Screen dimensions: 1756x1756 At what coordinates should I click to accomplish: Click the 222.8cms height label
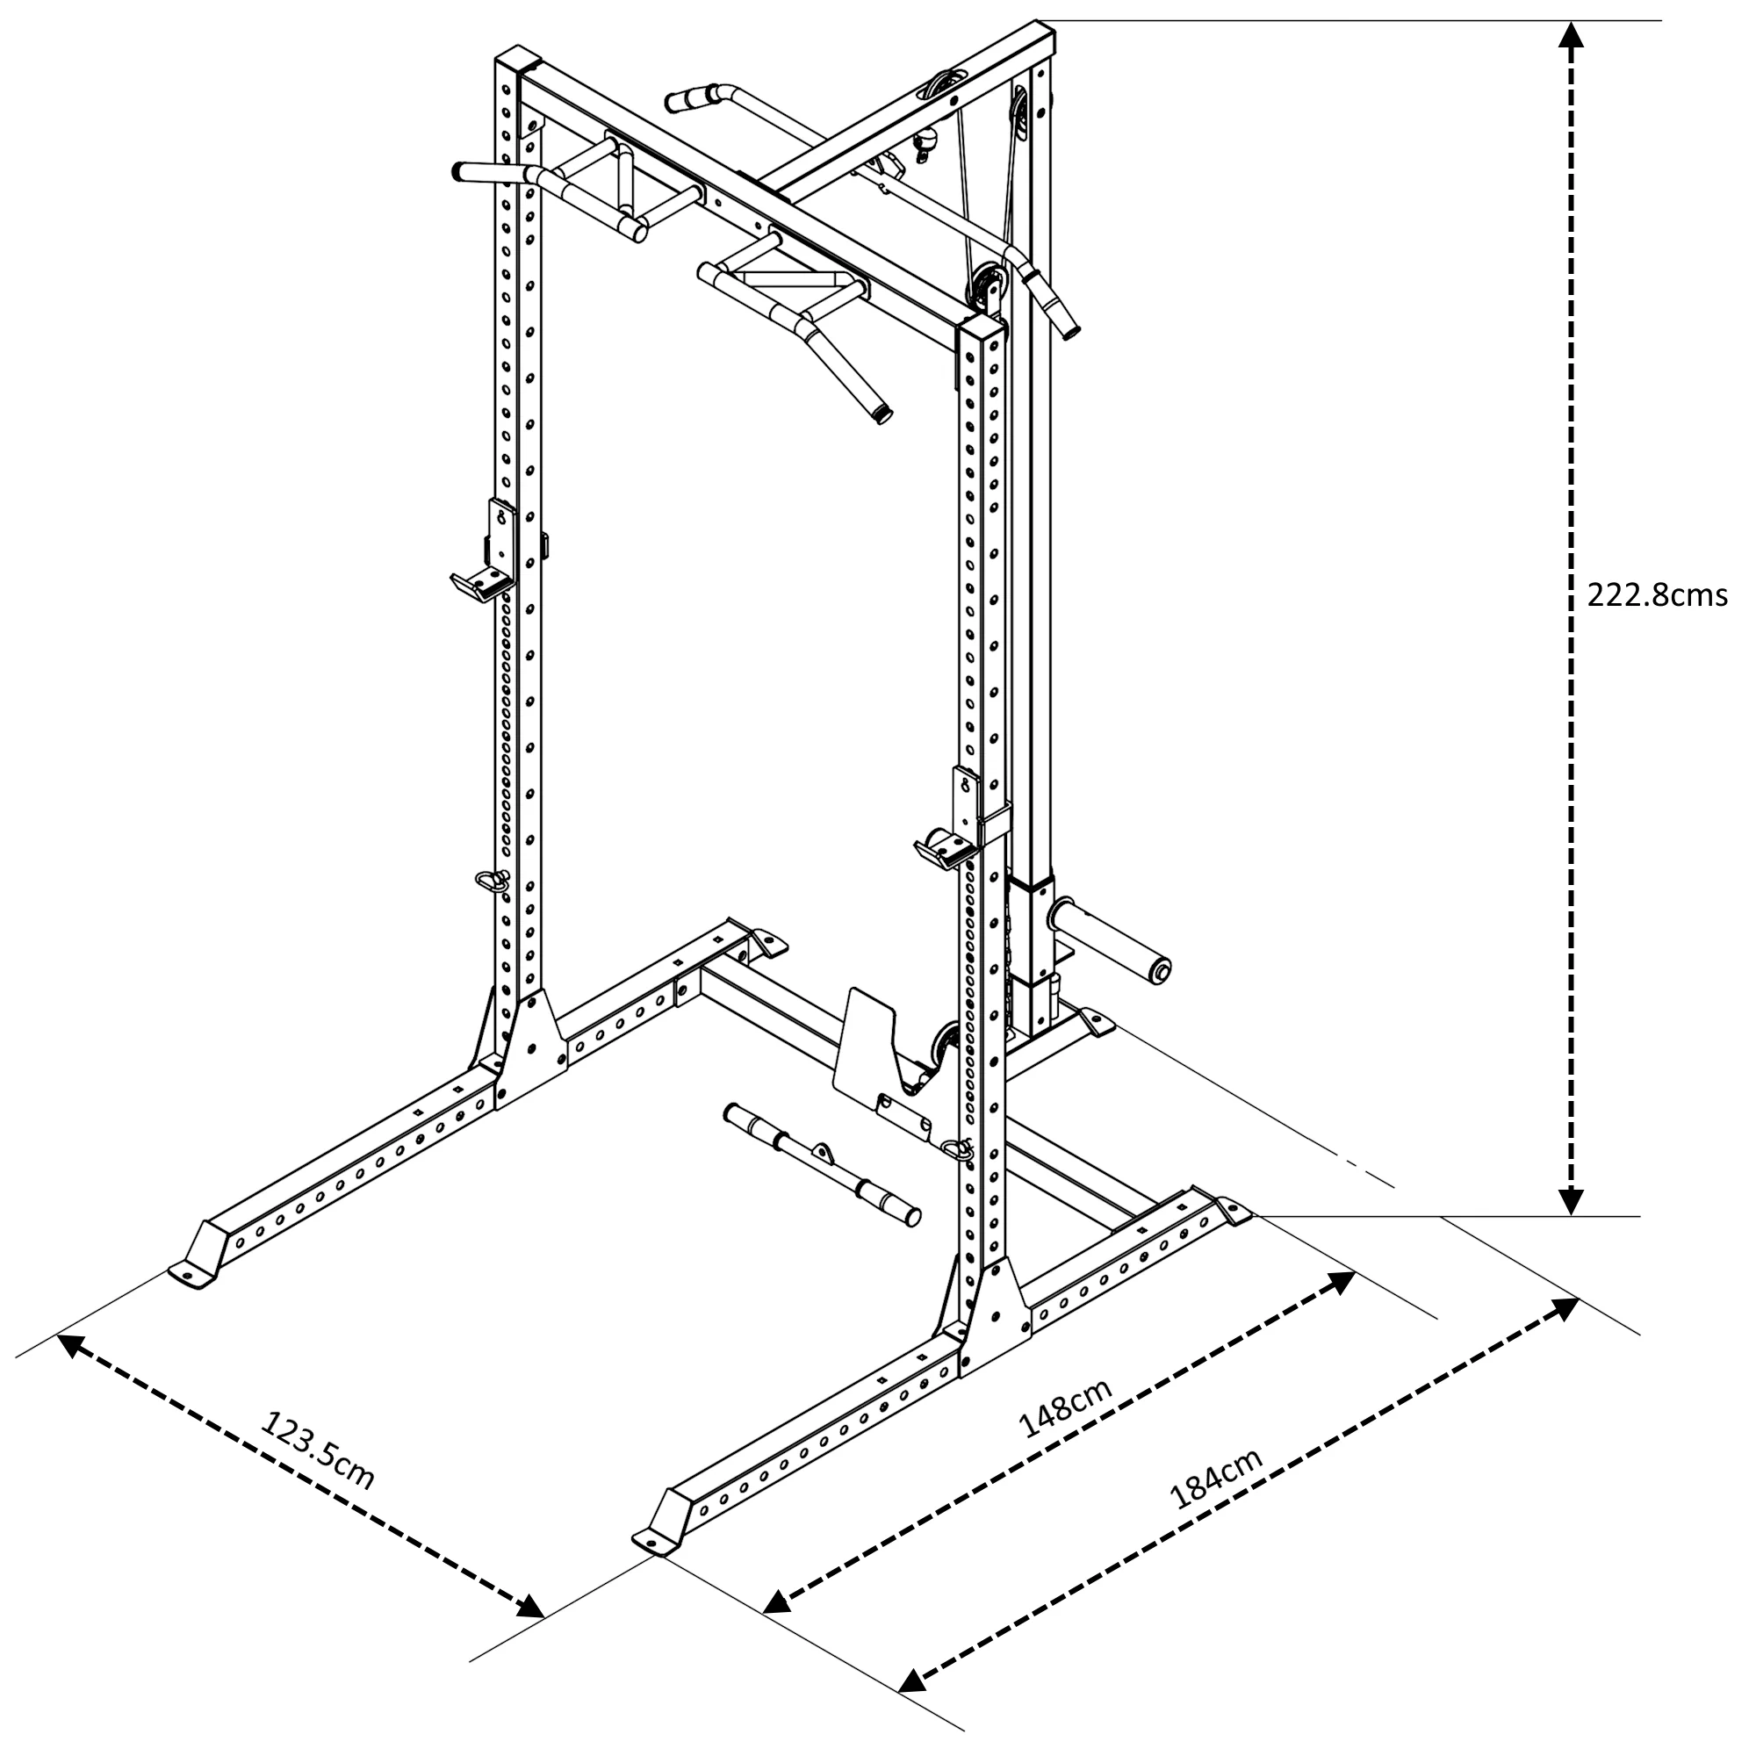pyautogui.click(x=1657, y=595)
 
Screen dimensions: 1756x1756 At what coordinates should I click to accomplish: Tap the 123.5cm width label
pyautogui.click(x=317, y=1450)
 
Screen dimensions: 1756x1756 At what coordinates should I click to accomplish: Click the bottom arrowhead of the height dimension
pyautogui.click(x=1572, y=1200)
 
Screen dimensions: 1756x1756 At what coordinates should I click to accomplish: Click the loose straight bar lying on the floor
pyautogui.click(x=822, y=1163)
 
